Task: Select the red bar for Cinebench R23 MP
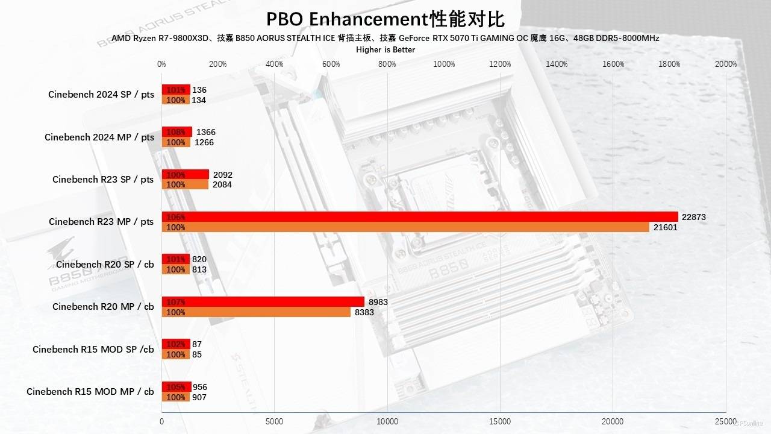click(x=419, y=217)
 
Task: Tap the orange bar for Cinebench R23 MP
click(x=405, y=227)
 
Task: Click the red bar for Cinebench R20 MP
click(x=263, y=302)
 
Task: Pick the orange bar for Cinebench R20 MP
click(x=256, y=312)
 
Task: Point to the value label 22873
click(x=693, y=217)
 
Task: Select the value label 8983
click(x=378, y=302)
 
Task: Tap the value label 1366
click(x=205, y=132)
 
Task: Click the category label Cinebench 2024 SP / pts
click(x=101, y=95)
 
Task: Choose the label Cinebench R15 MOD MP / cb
click(x=90, y=392)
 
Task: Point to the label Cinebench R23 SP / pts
click(x=103, y=180)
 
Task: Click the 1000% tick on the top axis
click(x=444, y=64)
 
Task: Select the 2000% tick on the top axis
click(x=725, y=64)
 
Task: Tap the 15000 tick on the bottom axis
click(x=500, y=422)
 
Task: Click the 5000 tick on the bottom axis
click(x=275, y=422)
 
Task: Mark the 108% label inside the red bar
click(x=176, y=132)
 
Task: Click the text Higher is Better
click(x=385, y=50)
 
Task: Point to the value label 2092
click(x=223, y=175)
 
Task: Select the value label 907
click(x=200, y=397)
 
